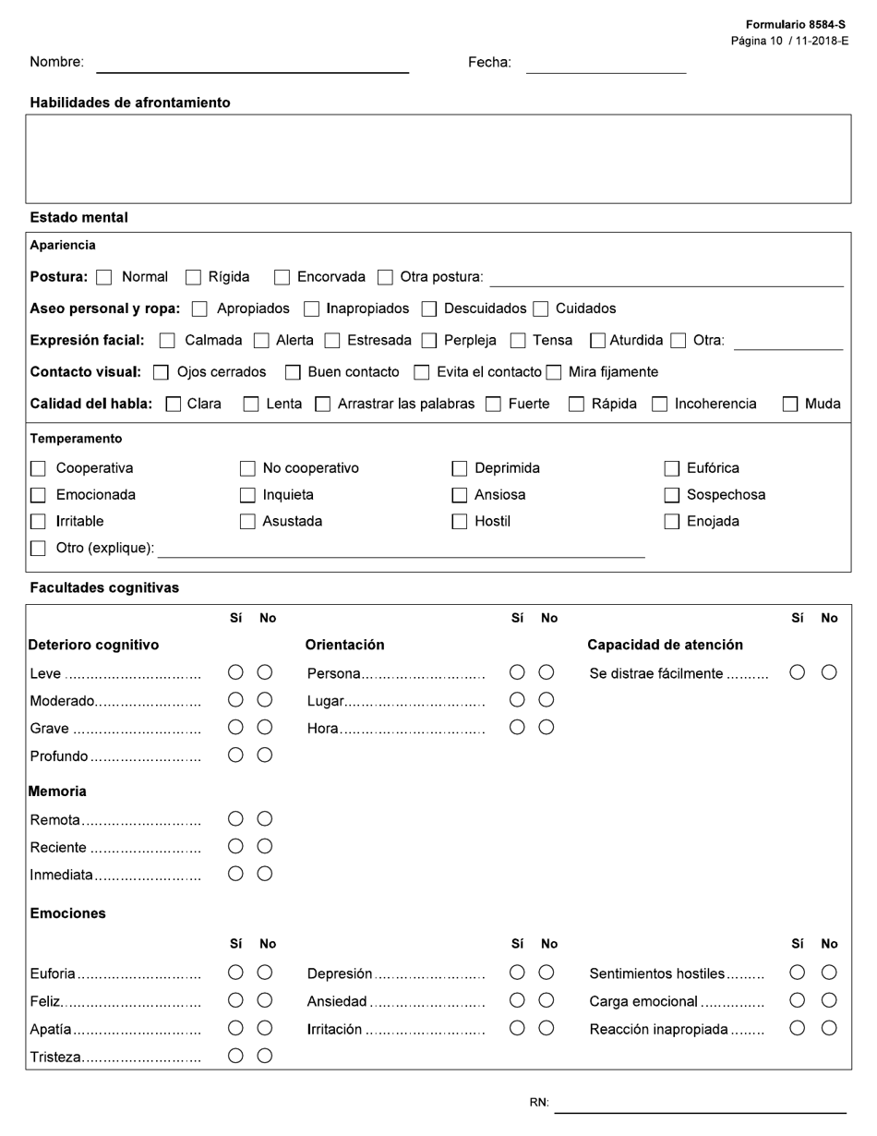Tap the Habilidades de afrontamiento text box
click(438, 158)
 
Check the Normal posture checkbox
click(104, 277)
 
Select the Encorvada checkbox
click(282, 277)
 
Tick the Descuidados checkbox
click(429, 309)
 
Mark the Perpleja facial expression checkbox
click(429, 341)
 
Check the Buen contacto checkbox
click(293, 372)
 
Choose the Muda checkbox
click(790, 404)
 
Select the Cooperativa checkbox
click(38, 468)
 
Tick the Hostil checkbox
click(459, 522)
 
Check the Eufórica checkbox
click(672, 468)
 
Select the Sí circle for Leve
click(235, 673)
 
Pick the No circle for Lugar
click(547, 700)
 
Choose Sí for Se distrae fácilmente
click(798, 673)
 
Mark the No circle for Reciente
click(265, 846)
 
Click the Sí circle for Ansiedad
click(517, 1000)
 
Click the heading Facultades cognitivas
click(104, 587)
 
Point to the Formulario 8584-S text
click(795, 25)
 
